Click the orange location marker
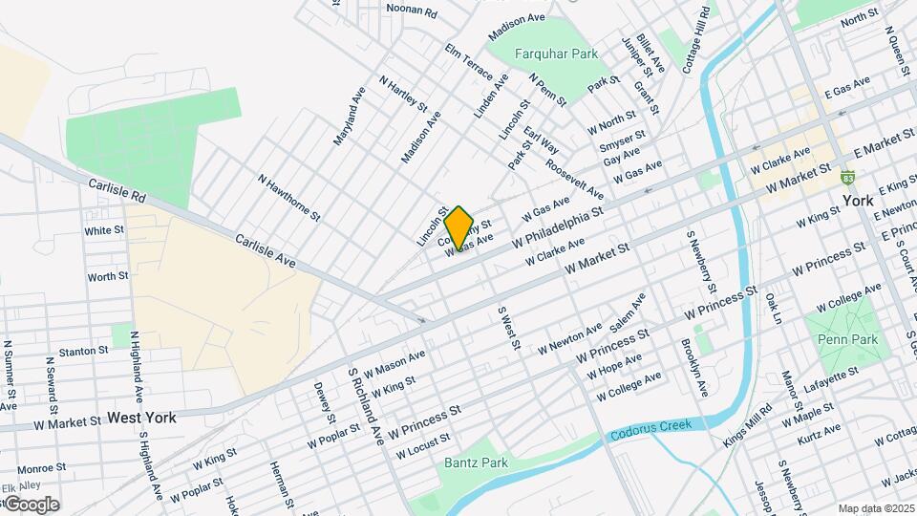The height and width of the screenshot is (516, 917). pyautogui.click(x=459, y=227)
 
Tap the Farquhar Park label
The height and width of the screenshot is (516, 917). pyautogui.click(x=556, y=54)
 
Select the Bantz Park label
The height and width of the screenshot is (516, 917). pyautogui.click(x=476, y=463)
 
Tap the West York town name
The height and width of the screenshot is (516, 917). pyautogui.click(x=141, y=418)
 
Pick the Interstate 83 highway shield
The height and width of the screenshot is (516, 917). pyautogui.click(x=847, y=178)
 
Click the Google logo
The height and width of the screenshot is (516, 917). pyautogui.click(x=32, y=504)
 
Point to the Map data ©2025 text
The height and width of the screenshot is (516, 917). pyautogui.click(x=875, y=508)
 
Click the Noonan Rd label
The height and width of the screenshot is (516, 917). pyautogui.click(x=411, y=11)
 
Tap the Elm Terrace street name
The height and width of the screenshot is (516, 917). pyautogui.click(x=468, y=61)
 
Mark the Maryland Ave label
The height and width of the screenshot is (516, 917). pyautogui.click(x=349, y=117)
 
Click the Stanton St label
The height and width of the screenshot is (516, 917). pyautogui.click(x=83, y=352)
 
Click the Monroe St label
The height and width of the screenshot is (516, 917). pyautogui.click(x=40, y=468)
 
